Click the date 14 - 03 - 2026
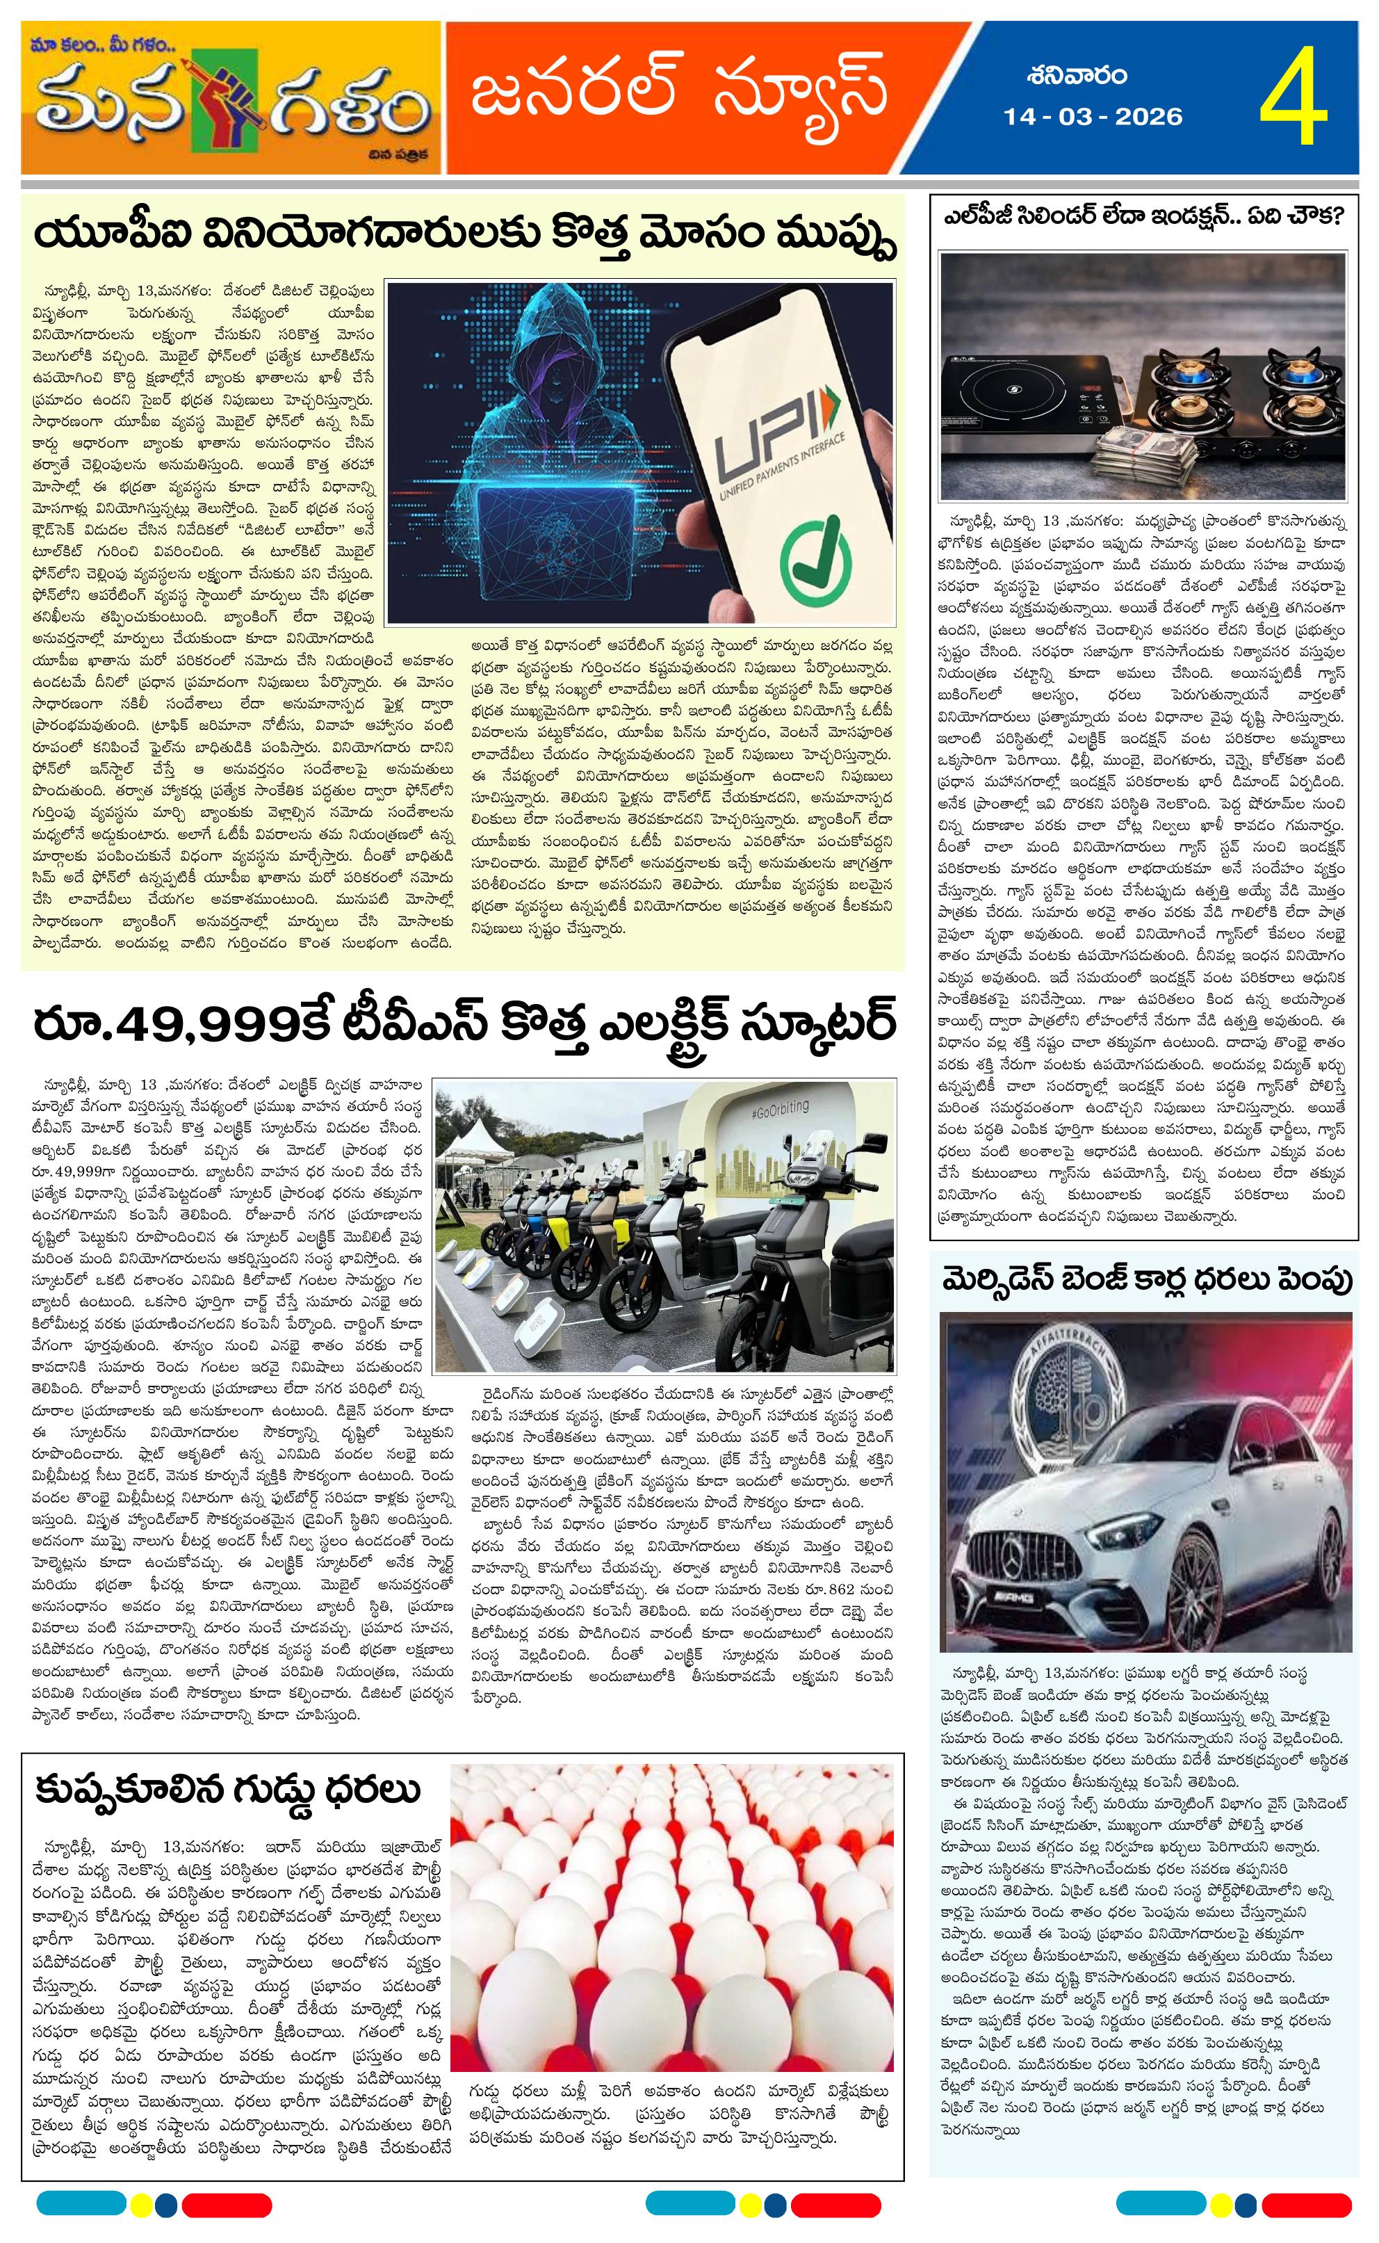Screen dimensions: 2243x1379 point(1093,117)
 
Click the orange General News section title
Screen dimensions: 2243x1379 point(680,91)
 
